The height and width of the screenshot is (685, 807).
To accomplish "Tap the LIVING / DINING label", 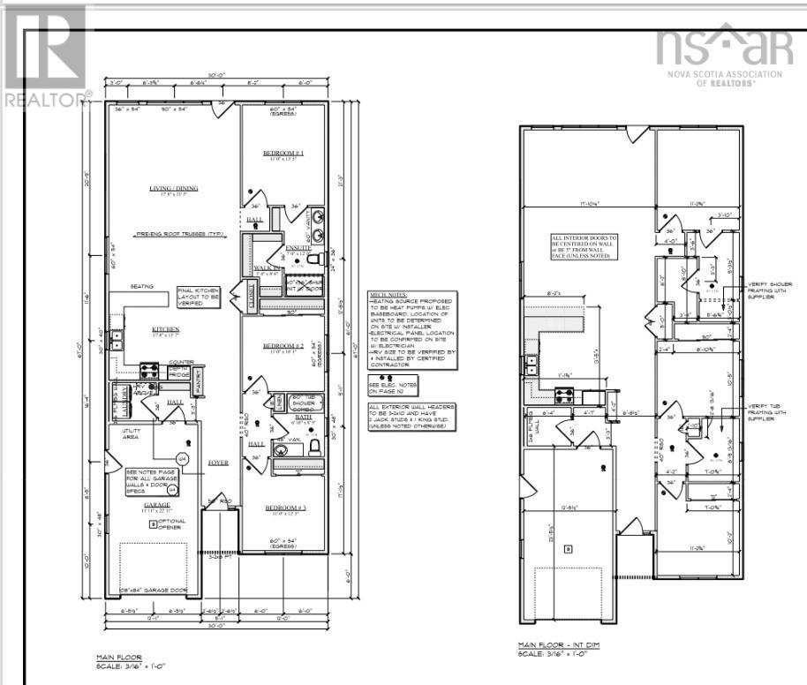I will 174,188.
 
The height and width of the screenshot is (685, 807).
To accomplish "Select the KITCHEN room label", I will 166,328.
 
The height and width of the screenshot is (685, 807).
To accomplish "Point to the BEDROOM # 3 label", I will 283,508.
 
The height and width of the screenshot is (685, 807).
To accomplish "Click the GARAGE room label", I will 157,506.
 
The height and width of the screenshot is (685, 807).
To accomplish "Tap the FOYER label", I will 218,462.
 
